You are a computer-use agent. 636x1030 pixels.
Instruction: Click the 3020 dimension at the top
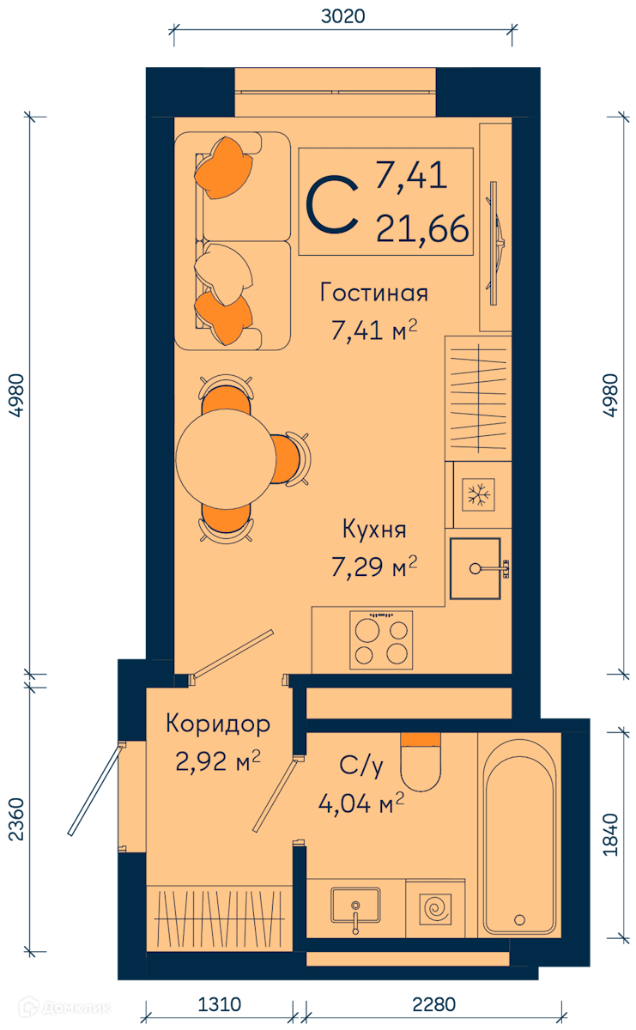(x=342, y=16)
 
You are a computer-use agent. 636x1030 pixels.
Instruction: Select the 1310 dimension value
(x=219, y=1005)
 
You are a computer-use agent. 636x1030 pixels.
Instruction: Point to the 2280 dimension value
(x=433, y=1005)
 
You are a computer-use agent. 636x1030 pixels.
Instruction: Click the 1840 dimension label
(x=610, y=834)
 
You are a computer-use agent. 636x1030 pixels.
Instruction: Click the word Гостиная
(x=374, y=293)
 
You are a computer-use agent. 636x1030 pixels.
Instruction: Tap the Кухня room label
(x=374, y=530)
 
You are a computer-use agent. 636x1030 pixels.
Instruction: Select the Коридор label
(x=217, y=724)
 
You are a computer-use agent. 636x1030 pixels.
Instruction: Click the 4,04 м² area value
(x=361, y=803)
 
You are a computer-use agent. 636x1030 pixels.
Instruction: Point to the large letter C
(x=332, y=203)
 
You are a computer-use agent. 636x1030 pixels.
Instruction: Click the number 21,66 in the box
(x=422, y=229)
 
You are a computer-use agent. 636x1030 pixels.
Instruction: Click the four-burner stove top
(x=381, y=639)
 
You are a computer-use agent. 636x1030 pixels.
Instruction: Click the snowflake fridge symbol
(x=478, y=494)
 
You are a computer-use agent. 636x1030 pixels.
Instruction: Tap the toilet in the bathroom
(x=421, y=762)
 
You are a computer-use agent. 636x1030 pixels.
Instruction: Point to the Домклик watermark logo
(x=64, y=1008)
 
